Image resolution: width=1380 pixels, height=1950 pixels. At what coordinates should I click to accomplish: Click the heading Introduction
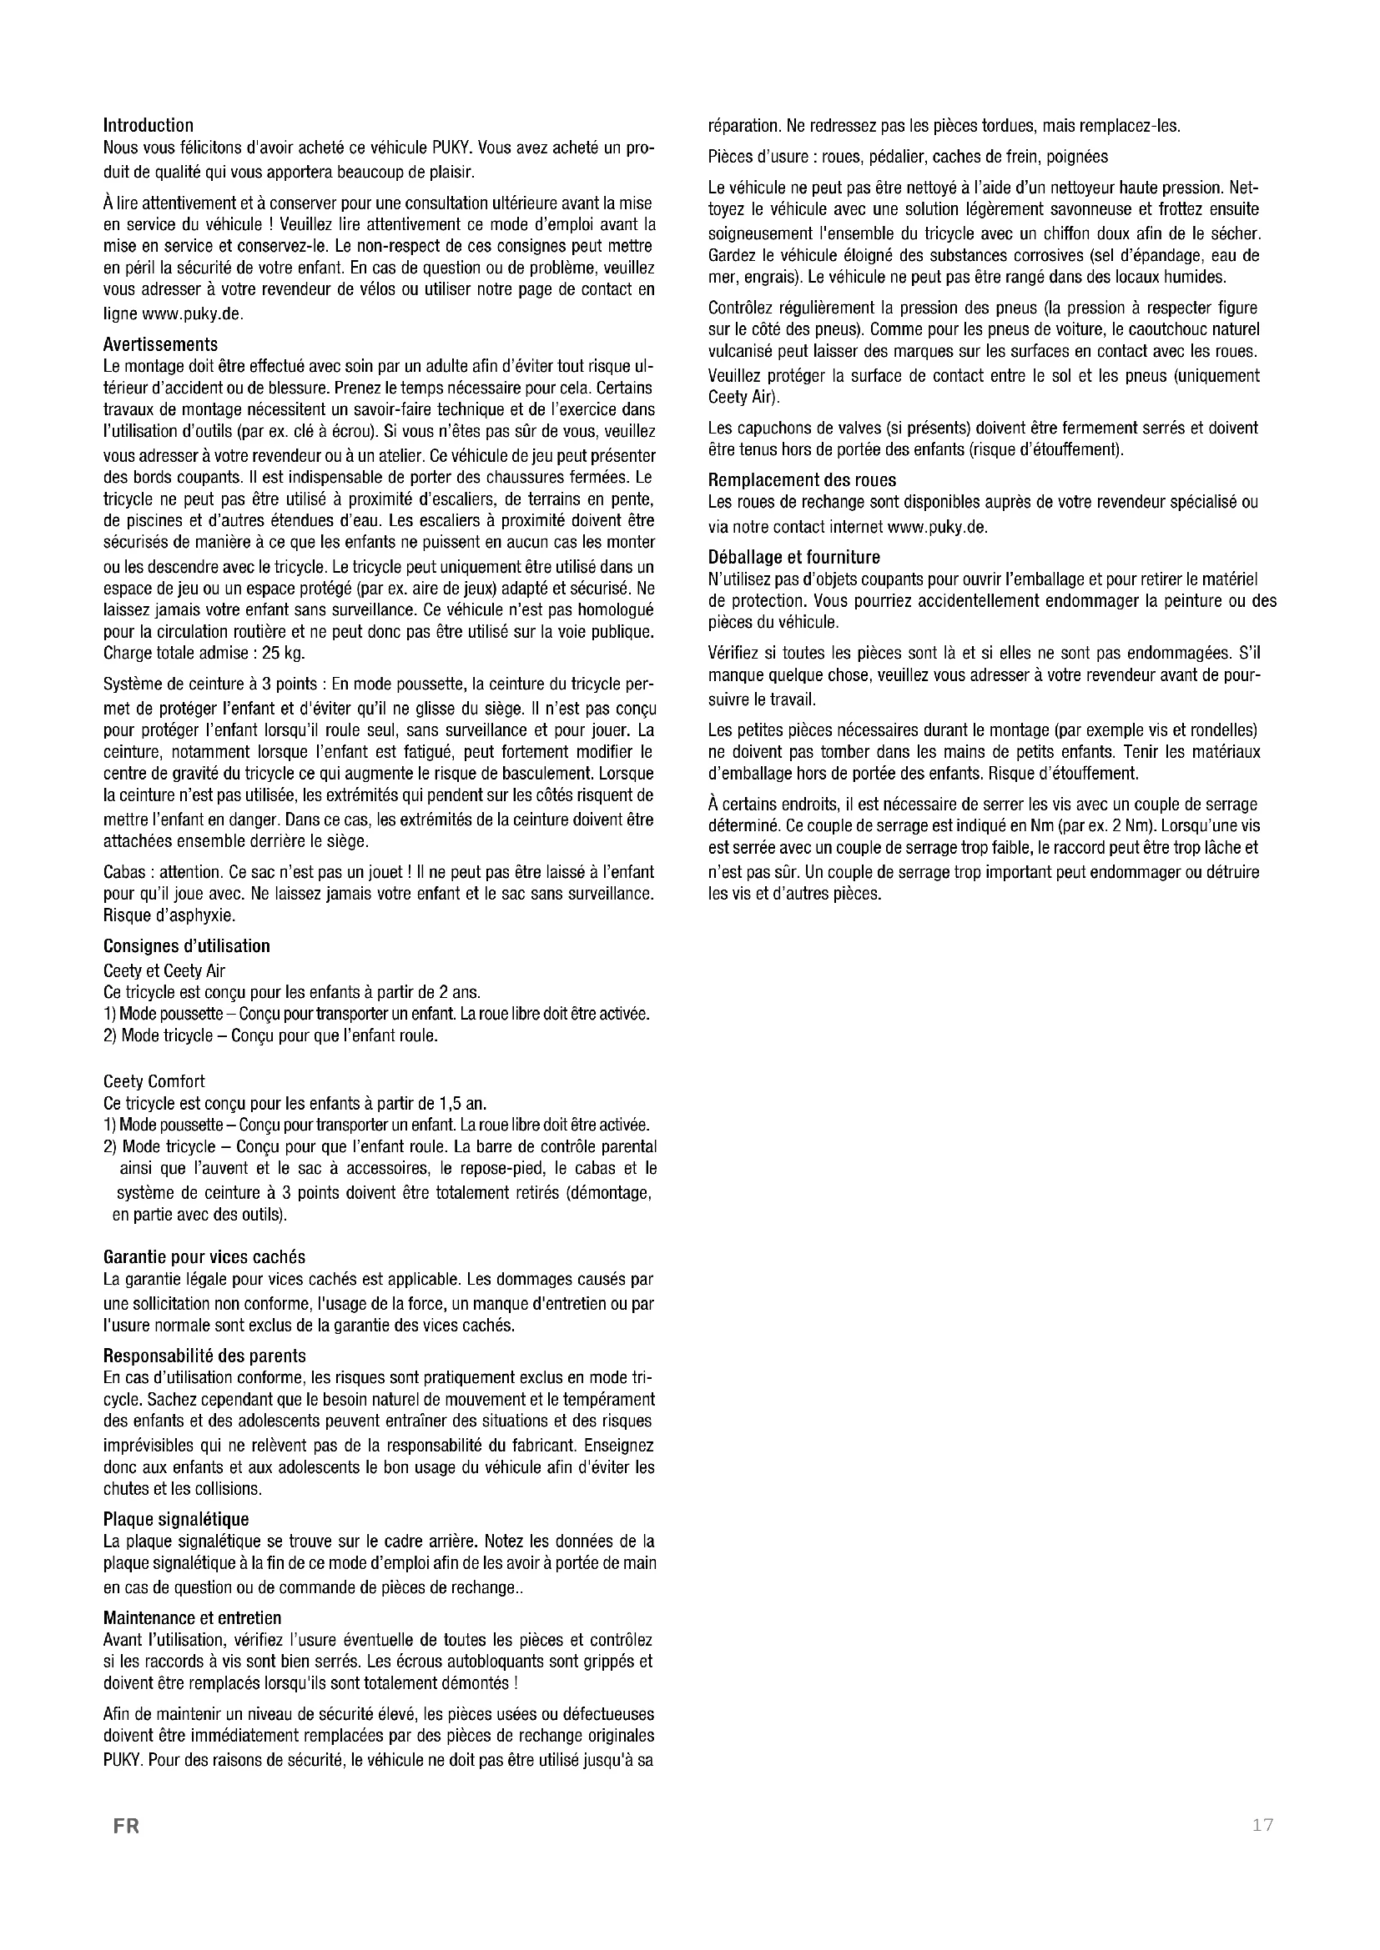(148, 126)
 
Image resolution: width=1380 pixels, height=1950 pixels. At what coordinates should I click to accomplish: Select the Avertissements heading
(159, 344)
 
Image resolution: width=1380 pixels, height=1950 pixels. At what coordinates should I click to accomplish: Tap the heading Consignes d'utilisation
(186, 946)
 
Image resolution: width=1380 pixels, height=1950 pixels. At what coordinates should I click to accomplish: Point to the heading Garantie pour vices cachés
(204, 1256)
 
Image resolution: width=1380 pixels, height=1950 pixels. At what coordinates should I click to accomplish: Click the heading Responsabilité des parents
(204, 1356)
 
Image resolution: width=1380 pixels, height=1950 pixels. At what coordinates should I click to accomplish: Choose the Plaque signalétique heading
(176, 1520)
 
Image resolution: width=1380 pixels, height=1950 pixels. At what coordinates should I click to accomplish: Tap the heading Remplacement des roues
(802, 480)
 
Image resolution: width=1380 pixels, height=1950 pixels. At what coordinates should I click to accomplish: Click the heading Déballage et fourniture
(793, 557)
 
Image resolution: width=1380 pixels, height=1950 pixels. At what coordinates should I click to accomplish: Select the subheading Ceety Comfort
(154, 1081)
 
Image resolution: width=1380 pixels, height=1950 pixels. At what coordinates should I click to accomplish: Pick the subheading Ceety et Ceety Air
(164, 970)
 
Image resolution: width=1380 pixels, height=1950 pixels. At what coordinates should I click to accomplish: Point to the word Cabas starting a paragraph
(123, 872)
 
